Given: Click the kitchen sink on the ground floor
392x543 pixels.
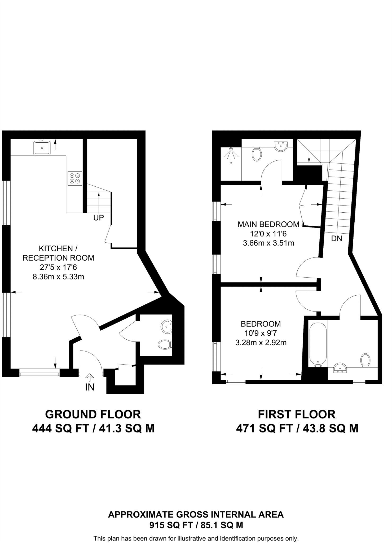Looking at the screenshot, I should [x=42, y=148].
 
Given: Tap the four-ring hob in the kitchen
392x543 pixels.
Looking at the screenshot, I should [x=74, y=178].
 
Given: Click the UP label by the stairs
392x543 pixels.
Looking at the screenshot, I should [x=98, y=218].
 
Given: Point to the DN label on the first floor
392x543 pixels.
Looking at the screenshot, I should [x=337, y=238].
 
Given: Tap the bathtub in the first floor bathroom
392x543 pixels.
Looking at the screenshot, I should [x=318, y=344].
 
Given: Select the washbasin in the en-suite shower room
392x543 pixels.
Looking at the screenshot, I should [x=280, y=146].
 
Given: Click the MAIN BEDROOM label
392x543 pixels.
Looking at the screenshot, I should [x=268, y=224].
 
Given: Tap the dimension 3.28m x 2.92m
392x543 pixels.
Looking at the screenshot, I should [x=261, y=343].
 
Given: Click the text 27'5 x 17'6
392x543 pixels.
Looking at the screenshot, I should [x=58, y=267].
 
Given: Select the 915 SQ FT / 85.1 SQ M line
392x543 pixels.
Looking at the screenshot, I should [x=196, y=525].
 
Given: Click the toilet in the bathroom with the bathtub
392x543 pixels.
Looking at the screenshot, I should [x=365, y=360].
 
